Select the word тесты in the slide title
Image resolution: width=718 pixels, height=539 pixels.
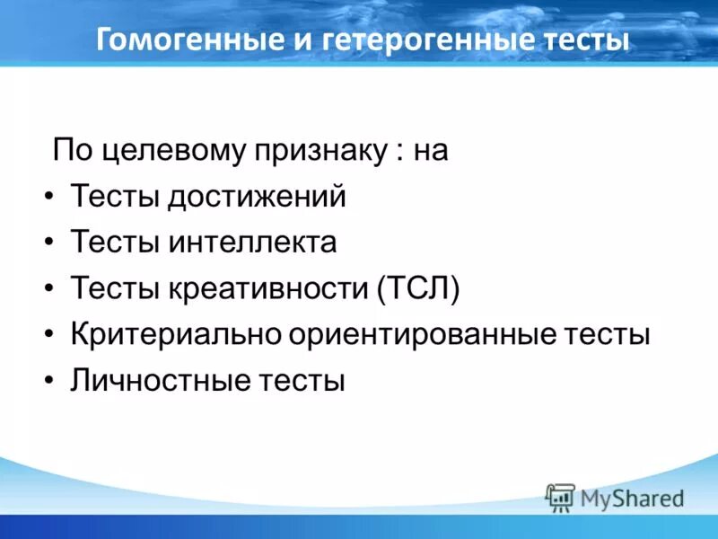[583, 40]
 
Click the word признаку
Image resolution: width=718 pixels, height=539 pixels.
[324, 150]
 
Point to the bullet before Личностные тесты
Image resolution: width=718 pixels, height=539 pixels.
[48, 381]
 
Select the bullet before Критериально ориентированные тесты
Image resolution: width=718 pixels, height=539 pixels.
[48, 335]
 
